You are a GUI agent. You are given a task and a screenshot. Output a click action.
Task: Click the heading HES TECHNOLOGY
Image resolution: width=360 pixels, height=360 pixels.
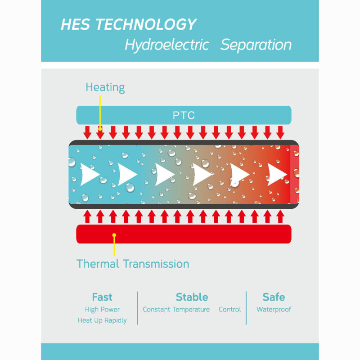click(129, 24)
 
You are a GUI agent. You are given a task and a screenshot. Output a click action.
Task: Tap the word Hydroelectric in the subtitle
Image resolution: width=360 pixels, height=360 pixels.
click(167, 45)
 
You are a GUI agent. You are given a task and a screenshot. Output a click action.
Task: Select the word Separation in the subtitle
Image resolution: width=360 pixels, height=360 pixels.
click(256, 45)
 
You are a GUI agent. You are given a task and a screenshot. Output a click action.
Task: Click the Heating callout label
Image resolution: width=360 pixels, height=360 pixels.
click(105, 87)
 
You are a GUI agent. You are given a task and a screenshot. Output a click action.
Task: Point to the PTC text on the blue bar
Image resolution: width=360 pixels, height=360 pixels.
click(184, 115)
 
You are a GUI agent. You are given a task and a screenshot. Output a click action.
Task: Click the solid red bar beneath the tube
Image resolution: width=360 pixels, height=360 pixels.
click(184, 234)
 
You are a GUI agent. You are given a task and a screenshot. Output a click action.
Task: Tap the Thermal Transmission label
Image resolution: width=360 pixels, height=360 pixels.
click(133, 264)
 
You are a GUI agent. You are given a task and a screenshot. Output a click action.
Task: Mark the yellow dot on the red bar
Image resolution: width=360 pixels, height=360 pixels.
click(114, 235)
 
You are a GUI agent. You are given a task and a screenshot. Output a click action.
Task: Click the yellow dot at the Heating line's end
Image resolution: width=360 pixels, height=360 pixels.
click(100, 129)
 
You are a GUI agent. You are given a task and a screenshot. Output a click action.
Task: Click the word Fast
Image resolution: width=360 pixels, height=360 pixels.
click(102, 297)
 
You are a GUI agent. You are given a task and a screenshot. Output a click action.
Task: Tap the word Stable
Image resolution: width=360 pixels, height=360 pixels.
click(192, 297)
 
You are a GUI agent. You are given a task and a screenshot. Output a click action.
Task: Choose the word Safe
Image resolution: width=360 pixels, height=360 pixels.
click(274, 297)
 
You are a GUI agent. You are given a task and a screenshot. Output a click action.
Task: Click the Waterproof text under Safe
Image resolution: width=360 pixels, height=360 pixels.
click(274, 310)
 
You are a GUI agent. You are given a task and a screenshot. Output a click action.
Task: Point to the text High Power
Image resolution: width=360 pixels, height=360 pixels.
click(102, 310)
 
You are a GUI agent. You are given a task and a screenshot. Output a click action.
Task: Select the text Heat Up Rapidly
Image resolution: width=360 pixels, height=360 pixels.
click(102, 320)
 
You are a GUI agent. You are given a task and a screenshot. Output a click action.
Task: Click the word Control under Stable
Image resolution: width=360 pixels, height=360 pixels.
click(229, 310)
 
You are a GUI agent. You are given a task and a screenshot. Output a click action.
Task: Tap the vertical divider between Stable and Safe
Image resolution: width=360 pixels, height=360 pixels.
click(246, 308)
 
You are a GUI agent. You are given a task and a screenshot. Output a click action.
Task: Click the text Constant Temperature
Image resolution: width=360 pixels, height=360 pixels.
click(176, 310)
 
